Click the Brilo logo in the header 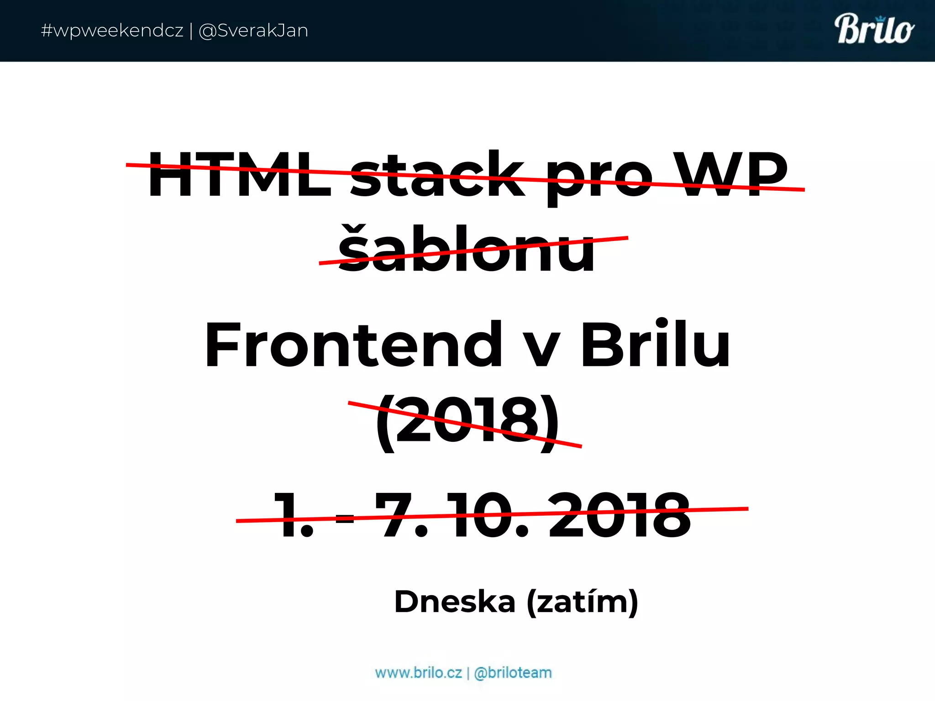(x=874, y=30)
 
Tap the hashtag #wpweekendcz (x=112, y=31)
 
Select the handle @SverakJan (x=253, y=31)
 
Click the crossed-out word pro (x=600, y=178)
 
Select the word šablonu (x=467, y=249)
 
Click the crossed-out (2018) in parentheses (x=467, y=422)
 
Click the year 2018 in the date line (x=620, y=516)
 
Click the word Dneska (x=455, y=602)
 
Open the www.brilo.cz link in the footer (x=418, y=673)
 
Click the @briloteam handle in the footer (x=513, y=673)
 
